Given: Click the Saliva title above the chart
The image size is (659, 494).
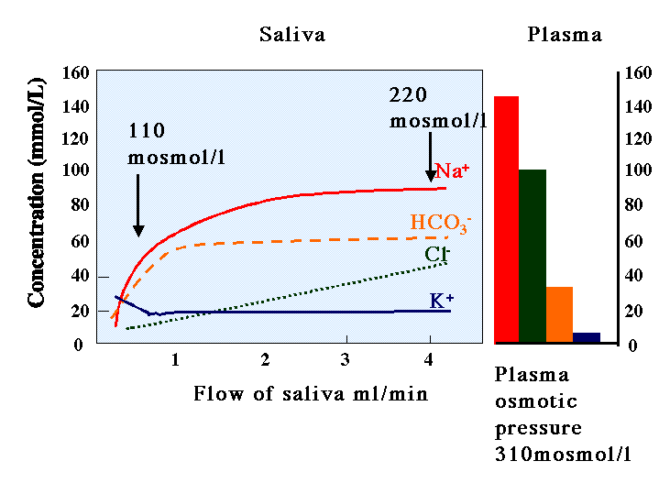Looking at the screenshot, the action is [292, 35].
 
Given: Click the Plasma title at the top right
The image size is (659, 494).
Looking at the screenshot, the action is [565, 35].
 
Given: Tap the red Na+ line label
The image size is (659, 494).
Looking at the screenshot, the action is [452, 170].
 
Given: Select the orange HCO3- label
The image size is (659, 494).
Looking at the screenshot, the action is [441, 223].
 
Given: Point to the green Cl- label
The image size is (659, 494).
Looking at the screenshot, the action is [437, 254].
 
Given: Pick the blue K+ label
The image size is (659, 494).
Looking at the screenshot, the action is [442, 301].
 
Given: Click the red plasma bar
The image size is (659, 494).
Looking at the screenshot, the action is [507, 220].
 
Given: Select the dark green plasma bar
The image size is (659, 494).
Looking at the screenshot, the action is [533, 257].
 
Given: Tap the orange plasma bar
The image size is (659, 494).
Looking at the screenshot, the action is [559, 315].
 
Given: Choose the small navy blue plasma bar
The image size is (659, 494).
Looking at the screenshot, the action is [587, 338].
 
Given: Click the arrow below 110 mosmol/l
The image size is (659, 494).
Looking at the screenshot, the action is [138, 205].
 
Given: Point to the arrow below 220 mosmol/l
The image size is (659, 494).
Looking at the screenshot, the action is [431, 158].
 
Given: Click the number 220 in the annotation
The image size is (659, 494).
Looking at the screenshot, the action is [408, 95].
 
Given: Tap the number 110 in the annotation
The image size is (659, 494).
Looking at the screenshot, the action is [147, 131].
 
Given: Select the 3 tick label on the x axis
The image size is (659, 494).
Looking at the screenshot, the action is [346, 359].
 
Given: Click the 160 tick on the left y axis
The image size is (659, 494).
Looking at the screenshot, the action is [76, 72].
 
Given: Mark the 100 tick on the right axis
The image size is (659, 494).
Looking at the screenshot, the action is [639, 170].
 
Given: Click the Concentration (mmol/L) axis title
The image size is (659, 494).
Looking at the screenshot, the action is [36, 192].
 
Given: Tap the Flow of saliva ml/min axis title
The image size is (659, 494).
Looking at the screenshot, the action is [311, 394].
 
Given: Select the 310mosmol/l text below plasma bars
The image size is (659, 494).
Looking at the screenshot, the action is [563, 454].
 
